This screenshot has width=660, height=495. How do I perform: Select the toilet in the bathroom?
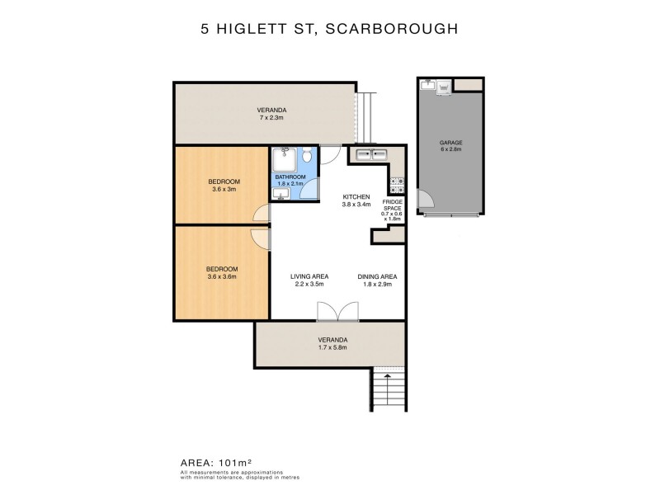point(306,156)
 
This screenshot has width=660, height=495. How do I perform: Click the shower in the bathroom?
point(284,157)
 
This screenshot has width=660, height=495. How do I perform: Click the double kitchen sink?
point(371,154)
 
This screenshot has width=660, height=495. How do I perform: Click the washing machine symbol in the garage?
point(443,85)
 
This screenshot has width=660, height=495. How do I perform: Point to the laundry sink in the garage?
point(427,85)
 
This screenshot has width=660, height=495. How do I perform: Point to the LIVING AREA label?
point(310,276)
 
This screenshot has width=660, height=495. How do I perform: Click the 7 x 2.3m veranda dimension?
point(271,118)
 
